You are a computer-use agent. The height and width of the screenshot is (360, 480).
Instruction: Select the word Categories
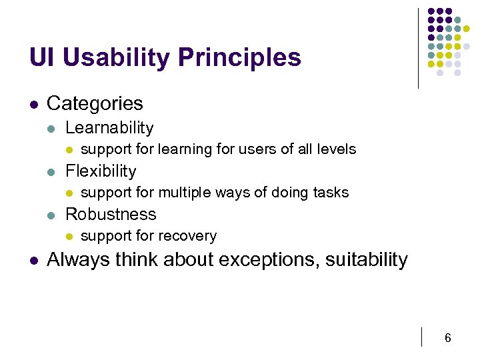95,103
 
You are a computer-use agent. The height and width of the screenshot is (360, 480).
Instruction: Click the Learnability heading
109,128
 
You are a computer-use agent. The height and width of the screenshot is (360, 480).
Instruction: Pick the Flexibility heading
101,171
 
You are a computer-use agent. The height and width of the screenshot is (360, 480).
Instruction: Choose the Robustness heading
111,215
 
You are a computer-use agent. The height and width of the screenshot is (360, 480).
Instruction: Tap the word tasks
331,193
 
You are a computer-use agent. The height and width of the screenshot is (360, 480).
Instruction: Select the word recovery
191,236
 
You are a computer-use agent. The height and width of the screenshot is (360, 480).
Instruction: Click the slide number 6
448,339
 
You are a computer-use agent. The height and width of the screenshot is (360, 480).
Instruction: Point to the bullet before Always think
33,260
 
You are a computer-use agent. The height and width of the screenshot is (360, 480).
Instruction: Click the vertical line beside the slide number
423,337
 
